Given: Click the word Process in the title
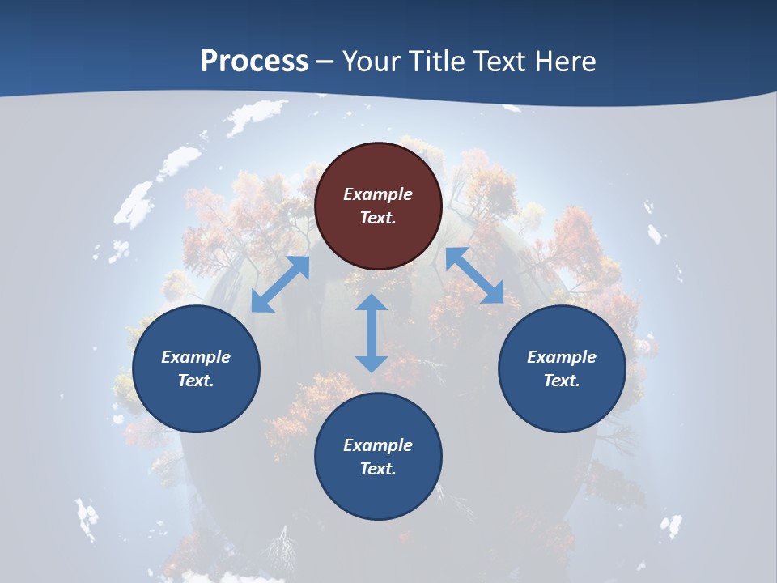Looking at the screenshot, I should [x=254, y=62].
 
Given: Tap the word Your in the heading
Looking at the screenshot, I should [x=372, y=62].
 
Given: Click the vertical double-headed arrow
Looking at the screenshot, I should [x=372, y=333].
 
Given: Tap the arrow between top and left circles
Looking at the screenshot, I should [x=280, y=284].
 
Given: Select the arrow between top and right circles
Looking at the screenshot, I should [x=474, y=276].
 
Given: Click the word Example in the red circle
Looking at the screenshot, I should [x=378, y=194].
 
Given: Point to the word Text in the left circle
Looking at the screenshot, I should [x=196, y=381].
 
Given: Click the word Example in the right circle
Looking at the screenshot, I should [x=562, y=357].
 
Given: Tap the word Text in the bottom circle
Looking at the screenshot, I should [x=378, y=469].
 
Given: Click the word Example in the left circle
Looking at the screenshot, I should [x=196, y=357].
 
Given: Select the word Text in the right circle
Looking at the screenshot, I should [x=562, y=381].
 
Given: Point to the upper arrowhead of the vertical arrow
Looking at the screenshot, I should [x=372, y=303].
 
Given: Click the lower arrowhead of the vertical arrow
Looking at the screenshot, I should [x=372, y=363].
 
